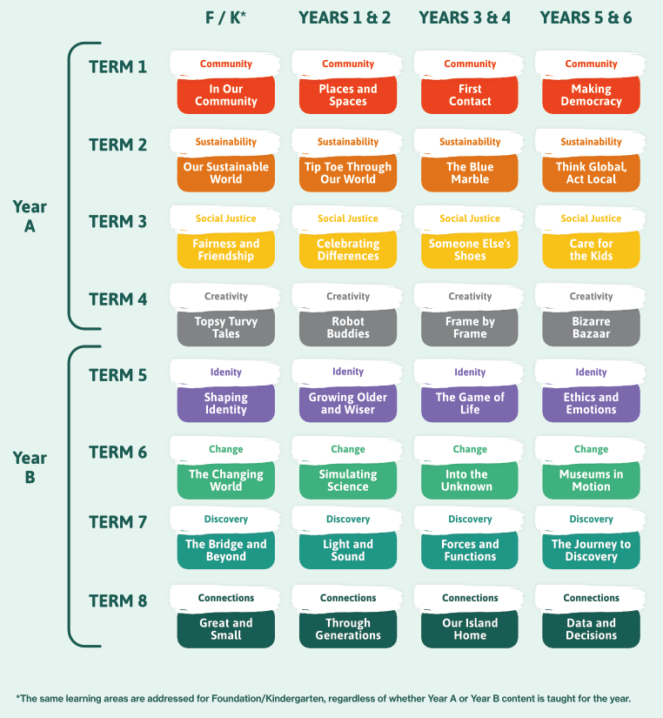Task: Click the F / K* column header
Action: point(225,18)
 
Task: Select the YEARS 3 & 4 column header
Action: point(470,18)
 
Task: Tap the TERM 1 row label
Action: point(117,66)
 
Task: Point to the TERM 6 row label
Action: point(117,453)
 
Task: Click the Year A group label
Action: point(30,217)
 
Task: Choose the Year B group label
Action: point(30,466)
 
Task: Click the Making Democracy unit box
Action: point(591,95)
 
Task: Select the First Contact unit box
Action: point(470,95)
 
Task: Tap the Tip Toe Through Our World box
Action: point(348,173)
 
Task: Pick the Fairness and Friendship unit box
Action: point(225,250)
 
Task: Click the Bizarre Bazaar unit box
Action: point(591,327)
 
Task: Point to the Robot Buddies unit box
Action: point(348,327)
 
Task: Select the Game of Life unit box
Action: point(470,403)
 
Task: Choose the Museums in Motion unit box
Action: point(591,480)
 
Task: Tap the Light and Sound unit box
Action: point(348,550)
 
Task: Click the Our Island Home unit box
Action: point(470,628)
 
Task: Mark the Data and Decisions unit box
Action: point(591,628)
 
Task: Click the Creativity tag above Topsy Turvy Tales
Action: point(225,297)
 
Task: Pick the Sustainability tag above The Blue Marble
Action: point(470,142)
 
